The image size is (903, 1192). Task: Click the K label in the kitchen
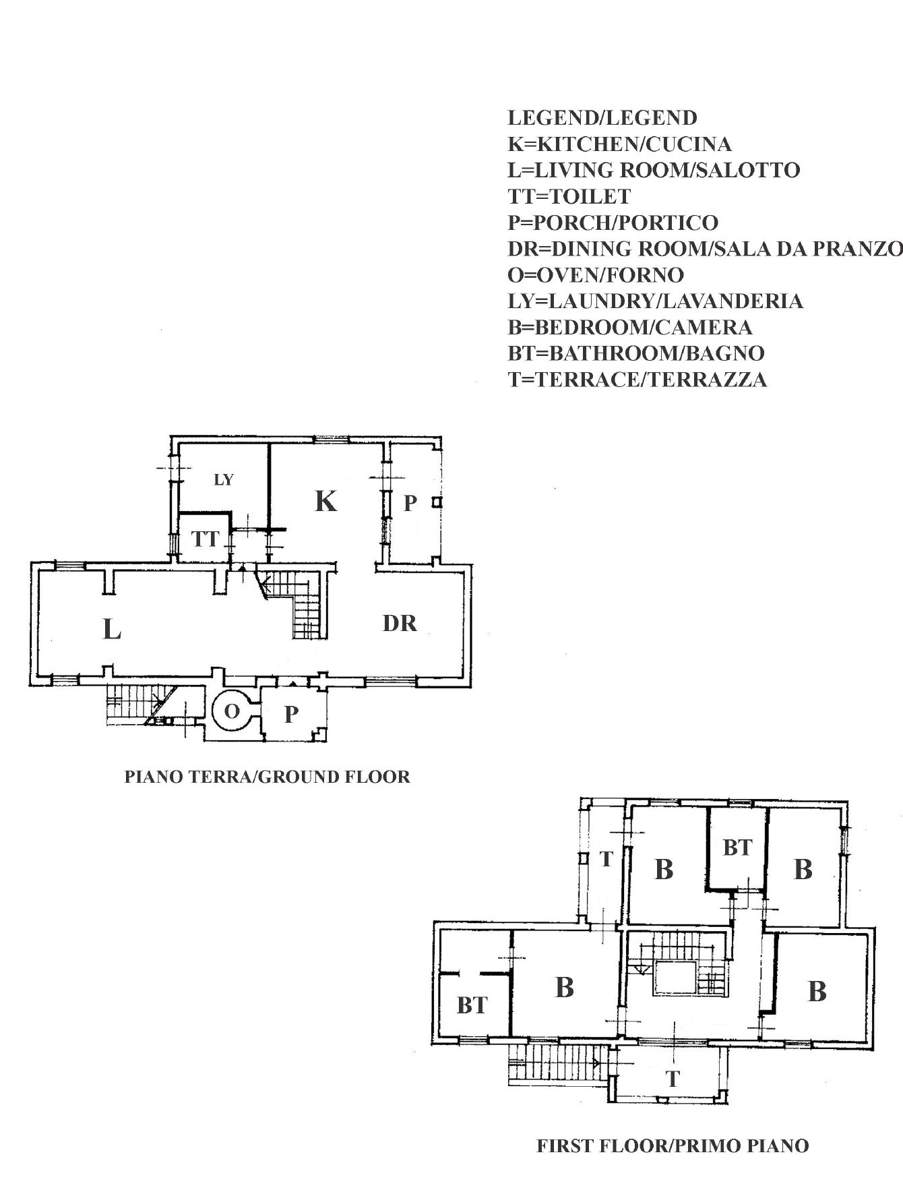point(326,501)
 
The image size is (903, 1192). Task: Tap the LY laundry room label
point(224,479)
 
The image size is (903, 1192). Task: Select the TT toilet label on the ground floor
point(206,539)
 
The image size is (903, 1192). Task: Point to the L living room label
point(112,630)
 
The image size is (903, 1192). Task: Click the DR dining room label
point(400,624)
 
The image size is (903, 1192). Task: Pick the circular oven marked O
point(231,711)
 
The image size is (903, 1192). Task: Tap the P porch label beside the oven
point(291,714)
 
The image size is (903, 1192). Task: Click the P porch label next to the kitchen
point(410,503)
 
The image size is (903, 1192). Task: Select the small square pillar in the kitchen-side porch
point(437,502)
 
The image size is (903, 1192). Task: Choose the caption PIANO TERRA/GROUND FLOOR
point(268,777)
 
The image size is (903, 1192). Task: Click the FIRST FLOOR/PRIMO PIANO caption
point(673,1145)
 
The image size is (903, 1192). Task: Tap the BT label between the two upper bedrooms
point(737,847)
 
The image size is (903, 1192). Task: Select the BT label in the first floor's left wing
point(472,1005)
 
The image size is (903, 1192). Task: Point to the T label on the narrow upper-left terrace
point(606,859)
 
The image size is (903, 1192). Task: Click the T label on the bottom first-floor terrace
point(673,1079)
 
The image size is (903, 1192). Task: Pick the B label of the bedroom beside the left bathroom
point(565,988)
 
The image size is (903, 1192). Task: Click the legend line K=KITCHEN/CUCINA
point(619,144)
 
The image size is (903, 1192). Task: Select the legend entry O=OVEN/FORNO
point(596,274)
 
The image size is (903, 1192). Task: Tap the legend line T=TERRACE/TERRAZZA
point(637,380)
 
